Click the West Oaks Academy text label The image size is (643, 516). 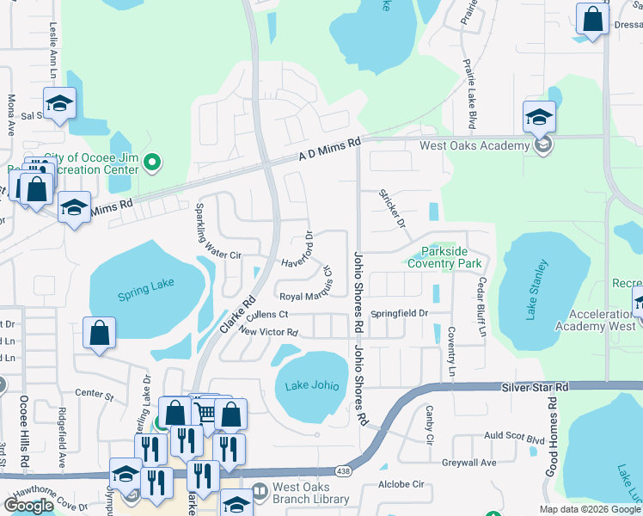point(474,145)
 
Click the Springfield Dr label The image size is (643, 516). point(399,313)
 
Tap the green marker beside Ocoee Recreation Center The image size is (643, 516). point(153,161)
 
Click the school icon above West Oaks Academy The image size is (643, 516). point(539,117)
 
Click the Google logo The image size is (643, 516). point(28,506)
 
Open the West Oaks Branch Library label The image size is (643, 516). point(310,492)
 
